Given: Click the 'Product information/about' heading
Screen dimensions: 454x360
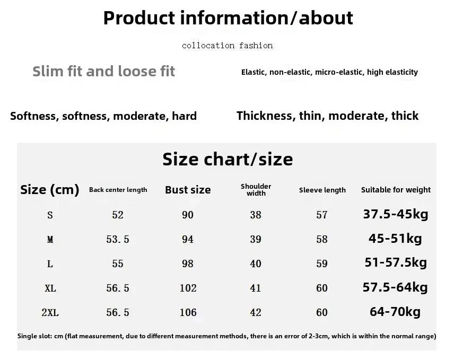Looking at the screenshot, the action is coord(228,18).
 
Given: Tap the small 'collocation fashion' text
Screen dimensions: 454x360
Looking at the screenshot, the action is coord(228,46).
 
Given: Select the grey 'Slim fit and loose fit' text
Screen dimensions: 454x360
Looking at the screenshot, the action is coord(103,71).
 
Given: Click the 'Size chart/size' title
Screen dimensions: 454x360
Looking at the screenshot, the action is coord(228,160).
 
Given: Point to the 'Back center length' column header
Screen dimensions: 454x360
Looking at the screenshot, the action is coord(118,190).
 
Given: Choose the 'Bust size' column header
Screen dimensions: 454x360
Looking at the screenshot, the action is coord(188,190).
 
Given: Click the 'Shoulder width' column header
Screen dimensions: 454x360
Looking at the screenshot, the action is coord(256,190).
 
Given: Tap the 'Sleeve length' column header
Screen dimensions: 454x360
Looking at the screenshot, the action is coord(322,190).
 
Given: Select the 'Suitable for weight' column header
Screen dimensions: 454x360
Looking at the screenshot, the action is coord(396,190).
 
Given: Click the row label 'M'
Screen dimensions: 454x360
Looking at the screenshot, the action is coord(50,239).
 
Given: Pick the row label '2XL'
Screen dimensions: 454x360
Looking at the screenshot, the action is coord(50,312).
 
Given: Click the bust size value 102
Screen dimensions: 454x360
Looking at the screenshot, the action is coord(188,288).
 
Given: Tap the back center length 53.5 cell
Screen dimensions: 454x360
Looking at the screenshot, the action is coord(118,239).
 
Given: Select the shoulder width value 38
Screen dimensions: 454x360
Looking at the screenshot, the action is coord(256,215).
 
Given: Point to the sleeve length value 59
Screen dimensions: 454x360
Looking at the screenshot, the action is coord(322,264).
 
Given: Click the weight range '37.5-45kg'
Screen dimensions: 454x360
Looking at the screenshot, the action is coord(396,214).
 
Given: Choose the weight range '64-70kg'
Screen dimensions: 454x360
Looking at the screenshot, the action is coord(395,312).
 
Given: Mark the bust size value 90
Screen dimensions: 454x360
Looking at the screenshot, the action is coord(188,215).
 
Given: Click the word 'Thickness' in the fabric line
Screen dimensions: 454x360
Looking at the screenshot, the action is coord(264,116).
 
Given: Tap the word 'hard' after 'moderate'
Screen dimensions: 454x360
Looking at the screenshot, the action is coord(184,116).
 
